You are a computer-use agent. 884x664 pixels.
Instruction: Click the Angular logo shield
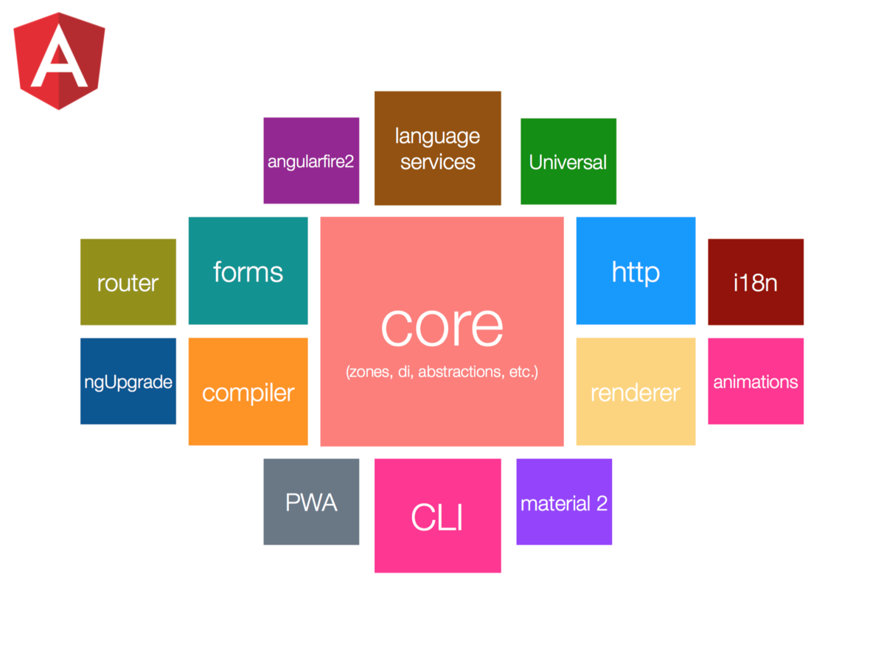(59, 63)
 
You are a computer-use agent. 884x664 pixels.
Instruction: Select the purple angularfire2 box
(311, 160)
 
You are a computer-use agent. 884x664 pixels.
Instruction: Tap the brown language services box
(437, 148)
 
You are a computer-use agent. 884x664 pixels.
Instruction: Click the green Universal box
(568, 161)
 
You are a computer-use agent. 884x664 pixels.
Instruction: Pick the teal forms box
(248, 271)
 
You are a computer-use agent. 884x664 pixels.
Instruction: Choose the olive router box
(128, 282)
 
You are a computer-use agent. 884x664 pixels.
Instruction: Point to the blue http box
(635, 271)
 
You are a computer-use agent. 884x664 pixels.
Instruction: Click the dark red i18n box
(755, 282)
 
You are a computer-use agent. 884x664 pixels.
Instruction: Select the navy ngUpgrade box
(128, 381)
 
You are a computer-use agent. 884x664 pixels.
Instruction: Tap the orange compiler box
(248, 392)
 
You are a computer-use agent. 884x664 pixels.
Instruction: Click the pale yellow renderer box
(635, 392)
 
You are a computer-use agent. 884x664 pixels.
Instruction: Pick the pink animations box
(755, 381)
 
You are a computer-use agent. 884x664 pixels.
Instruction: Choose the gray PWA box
(311, 502)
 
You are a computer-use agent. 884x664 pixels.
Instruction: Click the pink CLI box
(437, 516)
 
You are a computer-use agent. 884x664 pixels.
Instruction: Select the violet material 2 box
(563, 502)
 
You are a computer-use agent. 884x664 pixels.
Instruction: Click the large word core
(442, 326)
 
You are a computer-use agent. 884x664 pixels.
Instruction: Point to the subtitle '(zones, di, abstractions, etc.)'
(442, 371)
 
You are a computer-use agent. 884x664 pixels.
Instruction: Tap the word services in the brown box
(437, 162)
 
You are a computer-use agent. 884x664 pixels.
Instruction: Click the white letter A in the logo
(59, 62)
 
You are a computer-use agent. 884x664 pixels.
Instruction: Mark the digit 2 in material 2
(602, 504)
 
